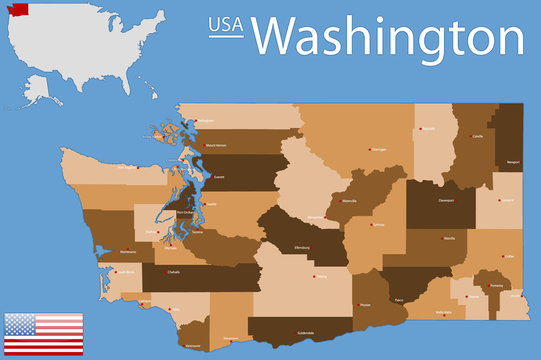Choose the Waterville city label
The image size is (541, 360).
tap(348, 201)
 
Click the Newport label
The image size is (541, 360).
tap(514, 161)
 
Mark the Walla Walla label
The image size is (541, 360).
tap(444, 312)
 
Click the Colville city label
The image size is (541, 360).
tap(477, 136)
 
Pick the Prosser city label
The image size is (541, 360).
tap(365, 305)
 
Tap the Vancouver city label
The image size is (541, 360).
tap(194, 346)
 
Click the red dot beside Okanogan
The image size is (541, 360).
tap(370, 149)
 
